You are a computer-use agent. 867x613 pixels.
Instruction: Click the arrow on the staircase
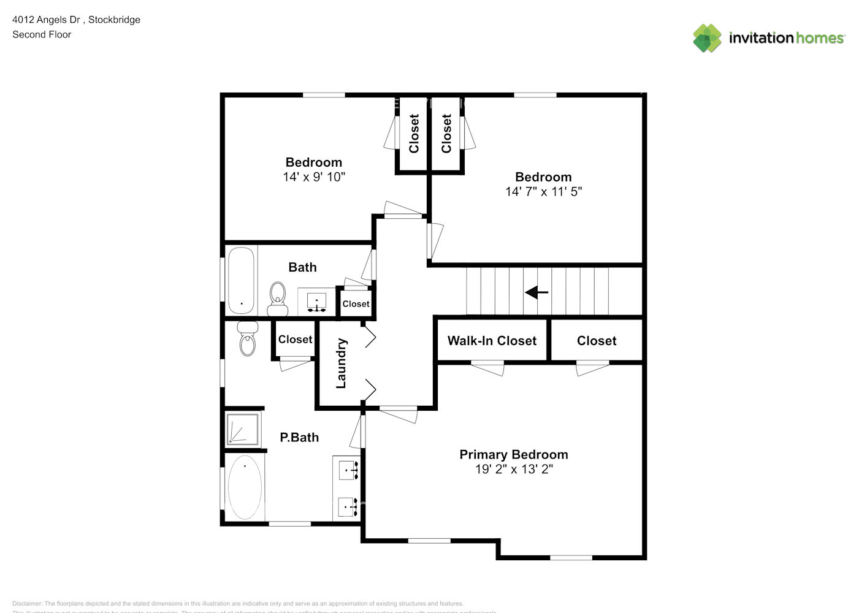[537, 292]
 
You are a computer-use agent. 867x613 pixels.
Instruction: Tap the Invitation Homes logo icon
[707, 38]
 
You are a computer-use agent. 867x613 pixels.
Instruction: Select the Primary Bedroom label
[513, 454]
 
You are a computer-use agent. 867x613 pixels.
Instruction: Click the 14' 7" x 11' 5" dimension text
[543, 191]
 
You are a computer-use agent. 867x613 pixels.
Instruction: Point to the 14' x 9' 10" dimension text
[314, 177]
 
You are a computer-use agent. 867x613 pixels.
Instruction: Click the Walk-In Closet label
[492, 341]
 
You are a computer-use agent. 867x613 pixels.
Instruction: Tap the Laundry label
[342, 364]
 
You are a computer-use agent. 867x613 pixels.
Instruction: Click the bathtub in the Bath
[241, 280]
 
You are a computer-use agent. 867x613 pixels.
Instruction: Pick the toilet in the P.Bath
[248, 339]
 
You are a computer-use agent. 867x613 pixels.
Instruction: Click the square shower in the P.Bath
[243, 428]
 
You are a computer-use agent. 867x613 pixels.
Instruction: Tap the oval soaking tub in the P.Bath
[245, 488]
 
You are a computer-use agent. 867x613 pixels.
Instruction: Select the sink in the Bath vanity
[316, 301]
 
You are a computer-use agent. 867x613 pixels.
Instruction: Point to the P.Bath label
[299, 437]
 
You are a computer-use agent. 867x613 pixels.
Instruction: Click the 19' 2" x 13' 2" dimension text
[514, 469]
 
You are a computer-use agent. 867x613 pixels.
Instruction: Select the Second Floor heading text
[42, 34]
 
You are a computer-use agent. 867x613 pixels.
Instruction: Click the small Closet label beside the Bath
[356, 304]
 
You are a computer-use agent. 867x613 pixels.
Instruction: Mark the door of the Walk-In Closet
[488, 368]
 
